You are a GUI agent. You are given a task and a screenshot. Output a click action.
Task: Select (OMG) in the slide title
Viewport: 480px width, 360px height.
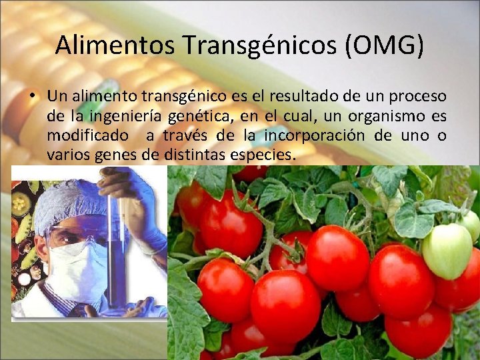tap(387, 45)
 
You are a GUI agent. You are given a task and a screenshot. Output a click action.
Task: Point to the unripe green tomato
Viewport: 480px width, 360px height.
tap(447, 251)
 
